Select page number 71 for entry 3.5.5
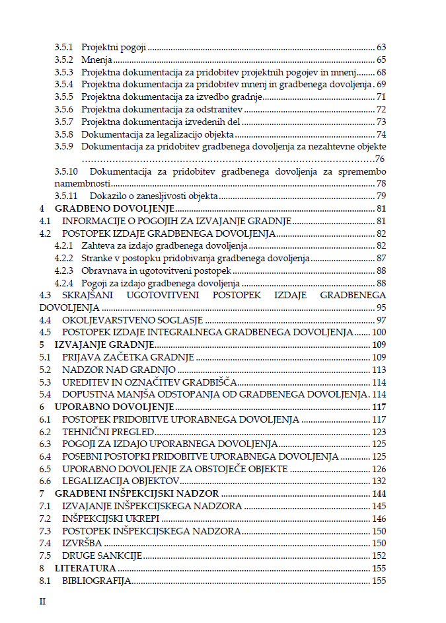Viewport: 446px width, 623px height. [381, 97]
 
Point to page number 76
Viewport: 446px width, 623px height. [380, 159]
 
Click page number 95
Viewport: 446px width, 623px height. [381, 308]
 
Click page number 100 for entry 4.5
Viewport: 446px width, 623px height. [379, 333]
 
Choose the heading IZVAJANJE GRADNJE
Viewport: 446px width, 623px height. [104, 345]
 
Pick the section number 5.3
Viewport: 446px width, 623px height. [45, 382]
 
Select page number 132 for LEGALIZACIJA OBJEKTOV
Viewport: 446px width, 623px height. [379, 481]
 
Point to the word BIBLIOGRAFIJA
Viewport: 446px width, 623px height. [96, 581]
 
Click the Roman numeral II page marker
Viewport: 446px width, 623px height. [43, 602]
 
